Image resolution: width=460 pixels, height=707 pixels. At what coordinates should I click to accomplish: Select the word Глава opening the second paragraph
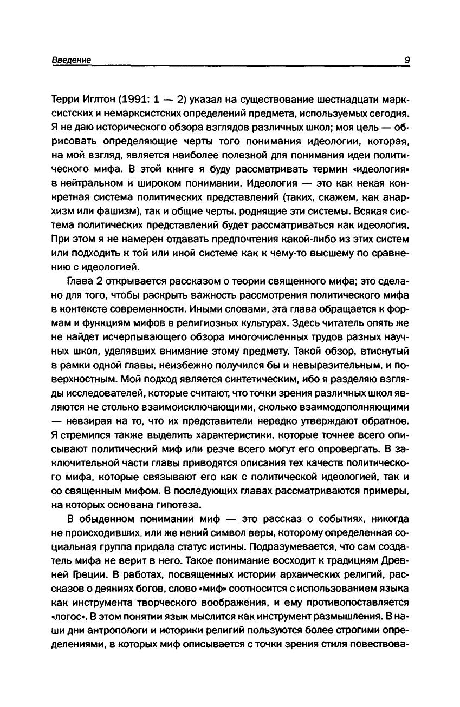tap(79, 280)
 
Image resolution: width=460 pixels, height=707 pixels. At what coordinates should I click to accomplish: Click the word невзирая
tap(90, 420)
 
